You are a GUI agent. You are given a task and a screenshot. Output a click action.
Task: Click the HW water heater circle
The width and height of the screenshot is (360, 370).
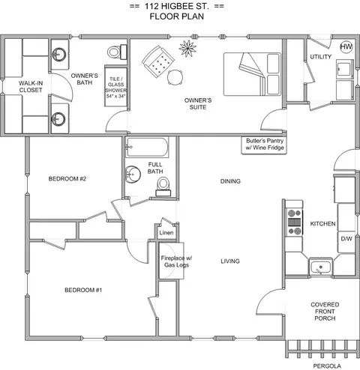click(x=346, y=46)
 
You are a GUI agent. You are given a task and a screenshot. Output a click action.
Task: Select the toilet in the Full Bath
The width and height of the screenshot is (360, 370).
click(x=163, y=186)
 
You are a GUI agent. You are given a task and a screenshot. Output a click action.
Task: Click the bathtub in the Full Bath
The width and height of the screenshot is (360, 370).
click(x=147, y=148)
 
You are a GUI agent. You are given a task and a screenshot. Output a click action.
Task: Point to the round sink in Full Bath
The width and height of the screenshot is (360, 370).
click(x=133, y=175)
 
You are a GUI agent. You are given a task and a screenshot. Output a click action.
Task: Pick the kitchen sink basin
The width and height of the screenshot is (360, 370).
click(x=321, y=267)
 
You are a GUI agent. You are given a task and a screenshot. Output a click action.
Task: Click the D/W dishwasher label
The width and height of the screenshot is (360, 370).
click(x=346, y=239)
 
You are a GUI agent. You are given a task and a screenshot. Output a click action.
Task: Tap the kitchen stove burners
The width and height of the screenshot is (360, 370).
click(x=294, y=222)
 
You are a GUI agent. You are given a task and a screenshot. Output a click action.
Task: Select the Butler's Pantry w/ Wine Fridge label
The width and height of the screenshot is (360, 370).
click(x=265, y=144)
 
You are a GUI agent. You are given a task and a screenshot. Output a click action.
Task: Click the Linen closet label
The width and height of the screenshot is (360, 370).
click(x=166, y=233)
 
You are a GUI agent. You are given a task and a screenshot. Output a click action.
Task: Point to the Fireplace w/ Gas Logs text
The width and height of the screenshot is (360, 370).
click(x=176, y=261)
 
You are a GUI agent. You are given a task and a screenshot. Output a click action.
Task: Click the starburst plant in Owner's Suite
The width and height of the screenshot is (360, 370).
click(x=187, y=48)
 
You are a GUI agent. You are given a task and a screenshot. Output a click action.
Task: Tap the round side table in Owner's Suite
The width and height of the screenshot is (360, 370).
click(x=175, y=78)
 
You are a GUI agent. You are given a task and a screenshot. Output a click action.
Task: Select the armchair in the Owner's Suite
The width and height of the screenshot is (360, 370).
click(x=158, y=61)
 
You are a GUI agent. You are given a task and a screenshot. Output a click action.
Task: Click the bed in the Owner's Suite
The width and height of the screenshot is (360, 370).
click(x=252, y=74)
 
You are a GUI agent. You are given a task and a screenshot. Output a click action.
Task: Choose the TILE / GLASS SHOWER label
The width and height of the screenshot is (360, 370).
click(x=115, y=88)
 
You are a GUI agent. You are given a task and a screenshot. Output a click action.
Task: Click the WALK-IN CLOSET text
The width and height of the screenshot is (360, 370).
click(x=31, y=87)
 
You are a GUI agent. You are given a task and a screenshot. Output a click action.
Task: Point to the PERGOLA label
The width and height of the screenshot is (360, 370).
click(x=327, y=366)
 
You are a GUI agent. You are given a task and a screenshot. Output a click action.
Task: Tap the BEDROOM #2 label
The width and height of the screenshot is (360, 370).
click(x=67, y=179)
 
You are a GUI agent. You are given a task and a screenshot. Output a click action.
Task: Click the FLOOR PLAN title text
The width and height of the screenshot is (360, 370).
click(x=177, y=16)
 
